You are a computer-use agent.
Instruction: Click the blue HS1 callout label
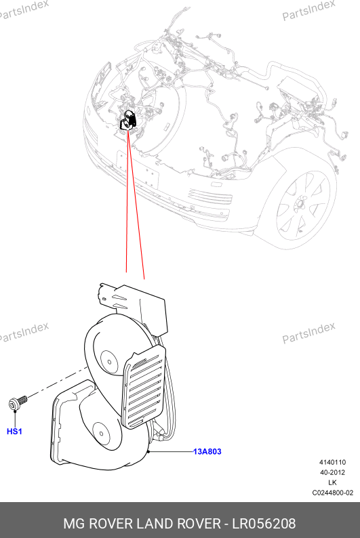(x=14, y=432)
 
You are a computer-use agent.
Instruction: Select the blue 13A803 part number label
(x=207, y=451)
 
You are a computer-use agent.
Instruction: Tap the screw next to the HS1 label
(x=17, y=402)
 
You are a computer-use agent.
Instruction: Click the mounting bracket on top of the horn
(x=133, y=306)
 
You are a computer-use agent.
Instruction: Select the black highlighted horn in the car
(x=129, y=120)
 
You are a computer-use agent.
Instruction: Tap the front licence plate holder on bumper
(x=138, y=170)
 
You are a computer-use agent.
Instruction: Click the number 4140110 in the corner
(x=333, y=462)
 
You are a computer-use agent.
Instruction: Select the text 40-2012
(x=333, y=472)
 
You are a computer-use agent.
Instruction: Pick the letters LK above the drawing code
(x=332, y=482)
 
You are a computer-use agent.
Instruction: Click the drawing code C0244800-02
(x=333, y=493)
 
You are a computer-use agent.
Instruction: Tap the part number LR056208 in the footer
(x=264, y=524)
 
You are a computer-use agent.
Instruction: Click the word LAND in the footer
(x=155, y=524)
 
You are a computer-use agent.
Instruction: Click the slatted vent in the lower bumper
(x=210, y=196)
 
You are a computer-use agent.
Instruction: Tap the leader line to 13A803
(x=171, y=451)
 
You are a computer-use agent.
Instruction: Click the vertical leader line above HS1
(x=15, y=419)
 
